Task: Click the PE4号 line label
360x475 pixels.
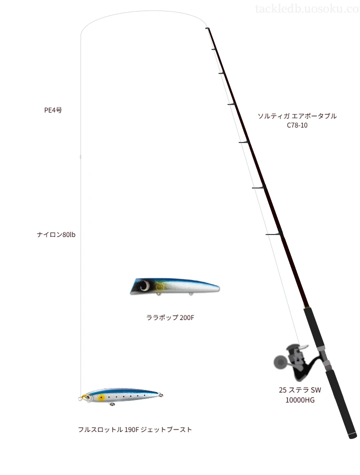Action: (52, 111)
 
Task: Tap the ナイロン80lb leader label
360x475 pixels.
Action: (55, 234)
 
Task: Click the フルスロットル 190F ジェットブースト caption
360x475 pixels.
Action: (134, 429)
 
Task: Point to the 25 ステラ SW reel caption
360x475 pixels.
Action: (300, 390)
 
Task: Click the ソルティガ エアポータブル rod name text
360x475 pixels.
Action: (297, 116)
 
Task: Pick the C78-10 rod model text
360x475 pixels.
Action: (297, 125)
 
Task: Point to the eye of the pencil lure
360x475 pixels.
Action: (88, 397)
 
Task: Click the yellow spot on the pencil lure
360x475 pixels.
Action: (101, 398)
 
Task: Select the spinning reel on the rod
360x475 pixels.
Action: (295, 362)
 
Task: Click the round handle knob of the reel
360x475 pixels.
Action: (278, 361)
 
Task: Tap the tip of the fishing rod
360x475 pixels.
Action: (206, 28)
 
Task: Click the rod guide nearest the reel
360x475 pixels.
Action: (274, 234)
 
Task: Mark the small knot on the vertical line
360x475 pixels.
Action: (81, 157)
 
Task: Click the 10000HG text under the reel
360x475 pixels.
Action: (300, 399)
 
